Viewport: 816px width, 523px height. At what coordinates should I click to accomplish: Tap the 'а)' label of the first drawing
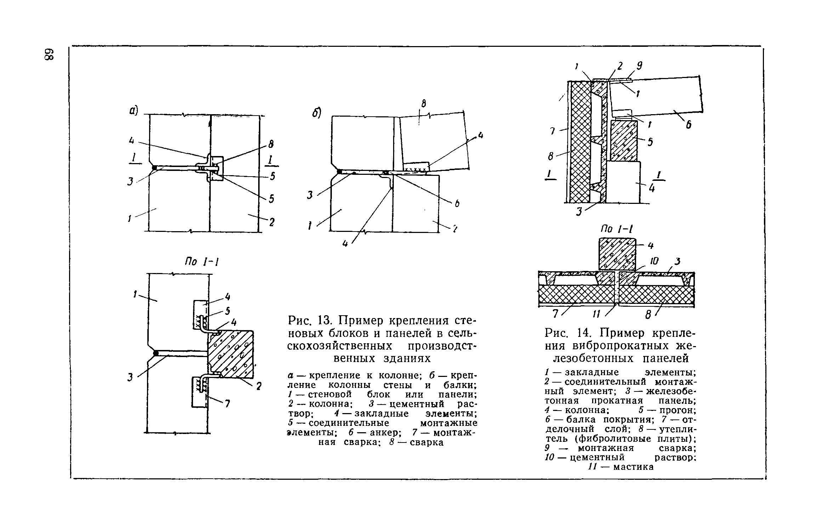[x=133, y=111]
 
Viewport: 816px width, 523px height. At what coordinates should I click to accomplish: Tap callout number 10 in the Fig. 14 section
[x=654, y=261]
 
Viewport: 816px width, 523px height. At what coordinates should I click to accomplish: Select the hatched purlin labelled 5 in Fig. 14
[x=624, y=140]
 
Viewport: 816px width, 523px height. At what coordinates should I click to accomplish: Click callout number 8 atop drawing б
[x=423, y=104]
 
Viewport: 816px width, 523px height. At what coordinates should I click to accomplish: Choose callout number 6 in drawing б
[x=457, y=204]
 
